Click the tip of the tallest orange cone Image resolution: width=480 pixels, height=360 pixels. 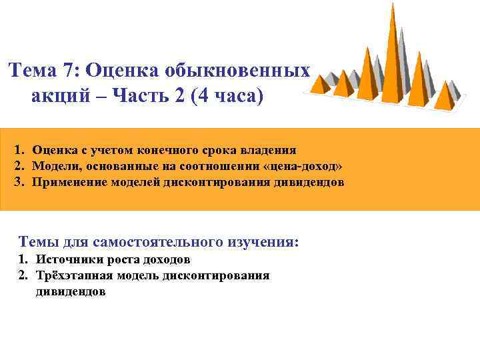pyautogui.click(x=393, y=5)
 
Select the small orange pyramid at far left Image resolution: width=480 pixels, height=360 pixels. pyautogui.click(x=321, y=83)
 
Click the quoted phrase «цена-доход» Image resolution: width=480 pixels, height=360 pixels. pyautogui.click(x=304, y=166)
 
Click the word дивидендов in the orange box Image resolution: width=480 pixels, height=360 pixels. pyautogui.click(x=309, y=181)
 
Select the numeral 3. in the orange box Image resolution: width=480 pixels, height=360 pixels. pyautogui.click(x=19, y=181)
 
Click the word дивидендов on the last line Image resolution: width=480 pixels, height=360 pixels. pyautogui.click(x=71, y=291)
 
